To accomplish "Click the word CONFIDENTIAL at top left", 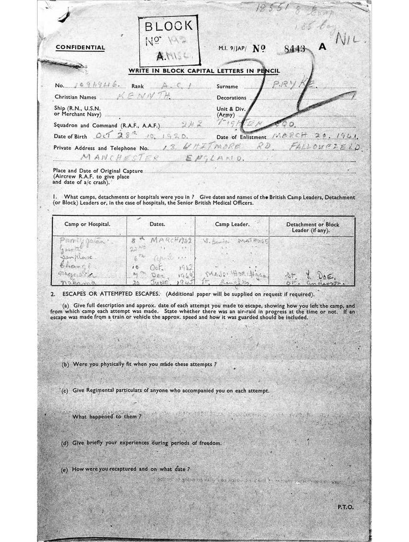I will coord(81,48).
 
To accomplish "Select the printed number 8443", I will coord(295,49).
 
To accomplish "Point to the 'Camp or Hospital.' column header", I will coord(87,224).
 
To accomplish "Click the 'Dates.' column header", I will coord(157,224).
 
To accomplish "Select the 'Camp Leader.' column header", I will coord(232,224).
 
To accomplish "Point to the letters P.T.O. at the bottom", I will coord(345,507).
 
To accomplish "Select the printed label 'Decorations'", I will coord(232,98).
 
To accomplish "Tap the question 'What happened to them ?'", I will coord(106,417).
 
